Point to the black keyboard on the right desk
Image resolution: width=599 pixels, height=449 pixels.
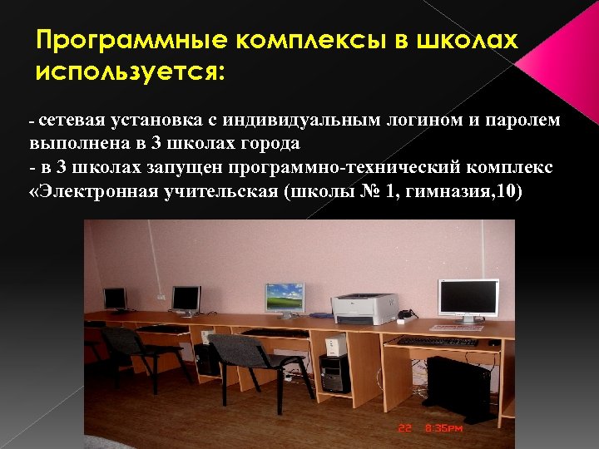pyautogui.click(x=436, y=341)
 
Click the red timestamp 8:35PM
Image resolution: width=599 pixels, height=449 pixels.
pyautogui.click(x=443, y=430)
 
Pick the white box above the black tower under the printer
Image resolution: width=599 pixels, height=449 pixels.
pyautogui.click(x=335, y=343)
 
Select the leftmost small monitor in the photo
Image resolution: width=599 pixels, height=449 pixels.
pyautogui.click(x=114, y=297)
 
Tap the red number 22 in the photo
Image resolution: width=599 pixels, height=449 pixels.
pyautogui.click(x=405, y=430)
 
